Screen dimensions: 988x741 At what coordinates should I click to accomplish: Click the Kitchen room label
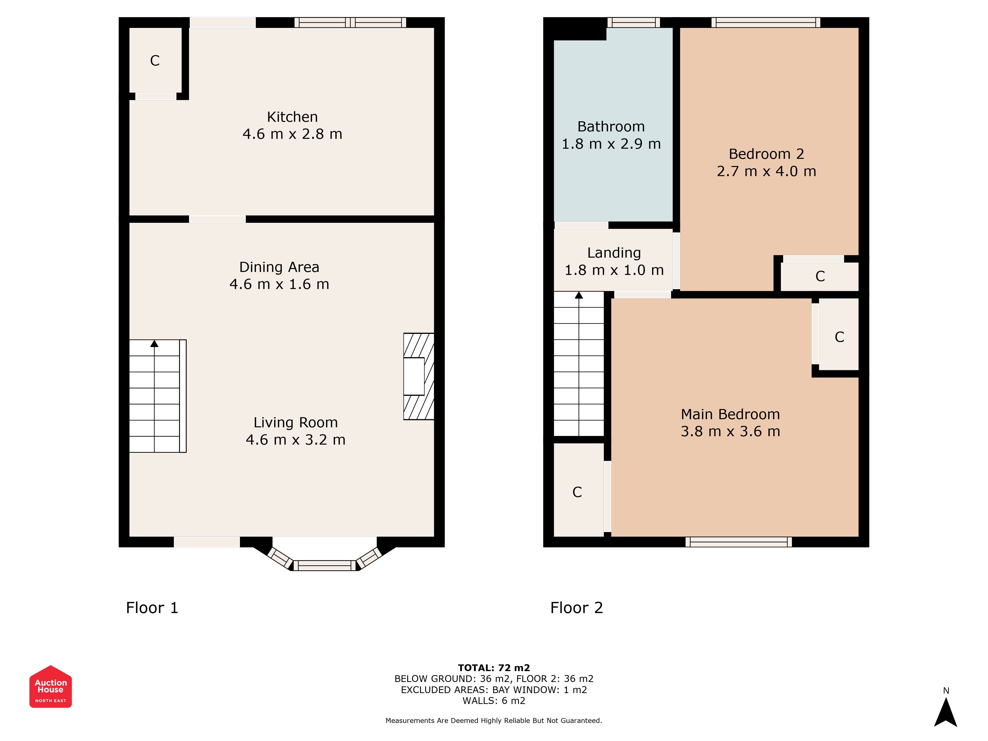click(x=292, y=117)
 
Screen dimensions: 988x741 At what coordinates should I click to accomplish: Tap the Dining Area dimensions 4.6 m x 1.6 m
click(x=279, y=284)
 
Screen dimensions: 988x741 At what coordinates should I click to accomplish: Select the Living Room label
click(x=296, y=423)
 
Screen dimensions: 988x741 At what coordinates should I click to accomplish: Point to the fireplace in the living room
click(x=418, y=376)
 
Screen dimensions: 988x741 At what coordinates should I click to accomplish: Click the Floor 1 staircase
click(x=158, y=396)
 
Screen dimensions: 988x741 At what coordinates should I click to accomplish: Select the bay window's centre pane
click(x=325, y=565)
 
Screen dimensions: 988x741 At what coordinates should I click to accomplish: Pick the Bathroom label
click(x=611, y=127)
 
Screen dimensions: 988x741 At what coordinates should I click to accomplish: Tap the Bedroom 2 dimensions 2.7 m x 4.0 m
click(x=766, y=171)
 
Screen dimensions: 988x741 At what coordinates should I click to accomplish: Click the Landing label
click(x=614, y=253)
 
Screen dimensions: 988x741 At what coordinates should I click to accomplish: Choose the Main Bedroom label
click(x=730, y=414)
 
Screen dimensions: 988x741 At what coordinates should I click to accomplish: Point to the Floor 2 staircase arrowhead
click(x=579, y=295)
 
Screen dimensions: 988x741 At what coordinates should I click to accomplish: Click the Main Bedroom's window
click(x=739, y=542)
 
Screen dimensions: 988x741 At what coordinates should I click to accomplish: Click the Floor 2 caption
click(x=577, y=608)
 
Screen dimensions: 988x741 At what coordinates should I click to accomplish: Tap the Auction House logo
click(x=50, y=686)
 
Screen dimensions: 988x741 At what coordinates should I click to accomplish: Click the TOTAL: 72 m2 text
click(x=494, y=668)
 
